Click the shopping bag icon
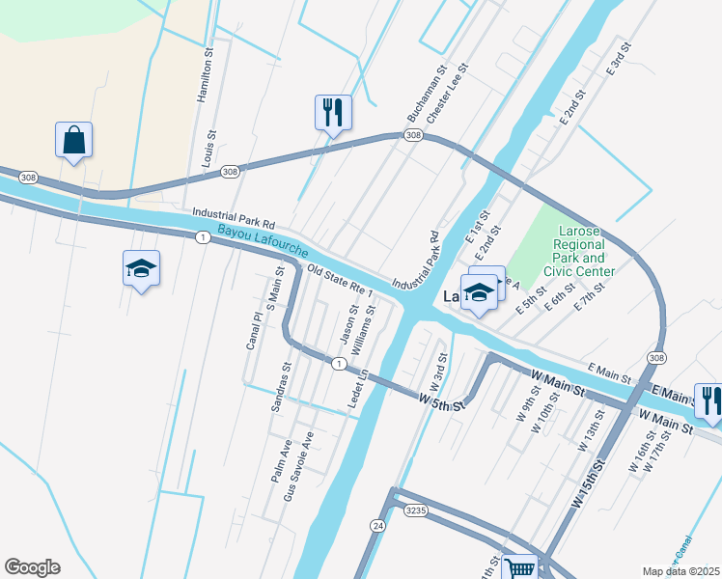click(73, 141)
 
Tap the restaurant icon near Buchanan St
click(333, 113)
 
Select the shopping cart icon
click(520, 568)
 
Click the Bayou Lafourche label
click(263, 241)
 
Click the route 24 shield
click(377, 524)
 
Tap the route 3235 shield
click(415, 509)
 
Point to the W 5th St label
click(442, 401)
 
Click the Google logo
click(33, 566)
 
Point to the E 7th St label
click(588, 296)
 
